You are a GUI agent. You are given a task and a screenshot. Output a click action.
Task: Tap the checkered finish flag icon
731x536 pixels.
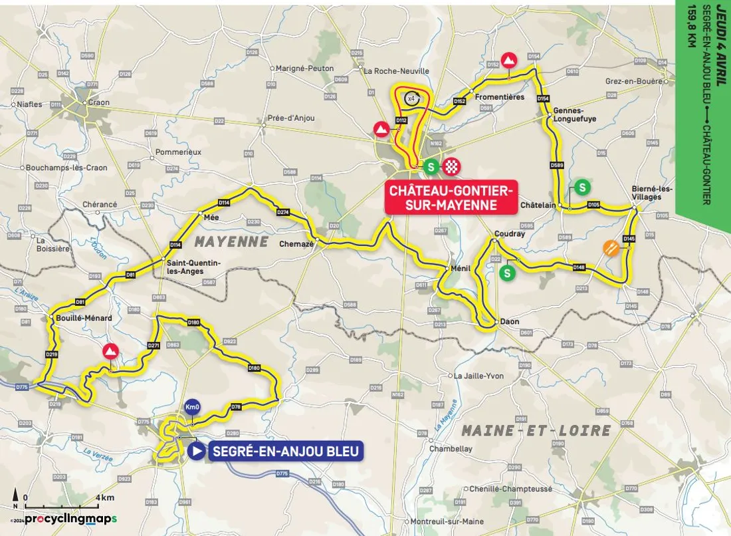[453, 166]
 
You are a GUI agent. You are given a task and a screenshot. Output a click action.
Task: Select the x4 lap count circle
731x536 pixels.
[411, 98]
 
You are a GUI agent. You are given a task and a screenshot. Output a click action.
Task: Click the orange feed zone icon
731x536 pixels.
[611, 248]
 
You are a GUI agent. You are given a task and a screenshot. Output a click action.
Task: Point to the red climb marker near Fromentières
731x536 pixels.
[508, 60]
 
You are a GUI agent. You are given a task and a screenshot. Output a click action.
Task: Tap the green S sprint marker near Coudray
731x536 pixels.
[508, 273]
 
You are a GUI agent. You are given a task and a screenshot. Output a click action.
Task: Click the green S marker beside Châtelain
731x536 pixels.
[582, 188]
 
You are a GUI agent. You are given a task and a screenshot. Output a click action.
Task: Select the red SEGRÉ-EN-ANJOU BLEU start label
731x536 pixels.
[285, 452]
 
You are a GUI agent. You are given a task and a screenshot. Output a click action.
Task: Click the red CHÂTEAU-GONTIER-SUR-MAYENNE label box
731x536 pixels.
[451, 198]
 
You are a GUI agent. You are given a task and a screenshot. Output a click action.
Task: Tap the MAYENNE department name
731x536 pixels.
[231, 241]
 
